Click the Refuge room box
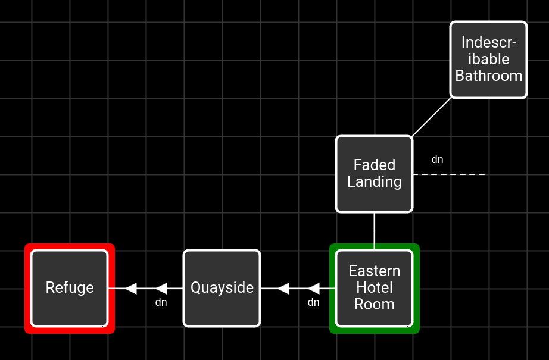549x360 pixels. click(70, 288)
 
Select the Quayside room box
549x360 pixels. click(222, 288)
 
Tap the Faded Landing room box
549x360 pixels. click(375, 174)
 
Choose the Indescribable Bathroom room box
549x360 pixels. click(488, 60)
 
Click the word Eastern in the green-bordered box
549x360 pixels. click(375, 271)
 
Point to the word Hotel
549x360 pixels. click(375, 287)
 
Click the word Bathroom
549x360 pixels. click(489, 76)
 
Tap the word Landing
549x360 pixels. click(375, 182)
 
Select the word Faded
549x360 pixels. click(375, 165)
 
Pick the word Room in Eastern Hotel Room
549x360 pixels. click(375, 305)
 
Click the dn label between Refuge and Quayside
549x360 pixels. click(161, 302)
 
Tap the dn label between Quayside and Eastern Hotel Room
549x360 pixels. click(313, 302)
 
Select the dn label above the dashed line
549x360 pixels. click(437, 159)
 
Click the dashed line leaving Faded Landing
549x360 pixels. click(449, 174)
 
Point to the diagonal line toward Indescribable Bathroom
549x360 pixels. click(431, 117)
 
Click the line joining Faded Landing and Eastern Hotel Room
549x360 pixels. click(375, 231)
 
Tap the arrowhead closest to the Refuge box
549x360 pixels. click(130, 288)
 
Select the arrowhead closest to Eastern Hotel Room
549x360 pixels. click(313, 288)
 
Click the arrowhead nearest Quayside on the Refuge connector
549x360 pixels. click(161, 288)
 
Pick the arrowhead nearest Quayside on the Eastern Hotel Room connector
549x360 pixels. click(283, 288)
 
